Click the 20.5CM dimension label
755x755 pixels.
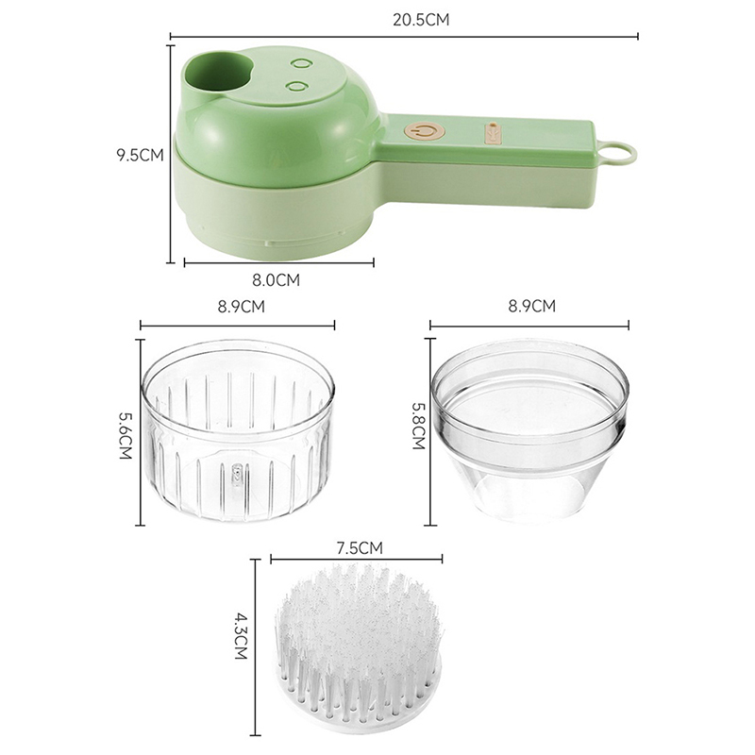click(421, 20)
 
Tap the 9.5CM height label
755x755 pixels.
click(140, 155)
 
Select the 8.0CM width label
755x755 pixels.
click(276, 280)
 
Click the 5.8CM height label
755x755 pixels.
click(418, 426)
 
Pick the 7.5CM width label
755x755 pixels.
click(360, 548)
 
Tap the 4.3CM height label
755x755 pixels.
click(241, 635)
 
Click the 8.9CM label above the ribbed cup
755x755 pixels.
click(242, 307)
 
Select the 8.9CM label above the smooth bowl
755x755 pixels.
click(531, 306)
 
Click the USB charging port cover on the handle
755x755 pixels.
click(492, 132)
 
